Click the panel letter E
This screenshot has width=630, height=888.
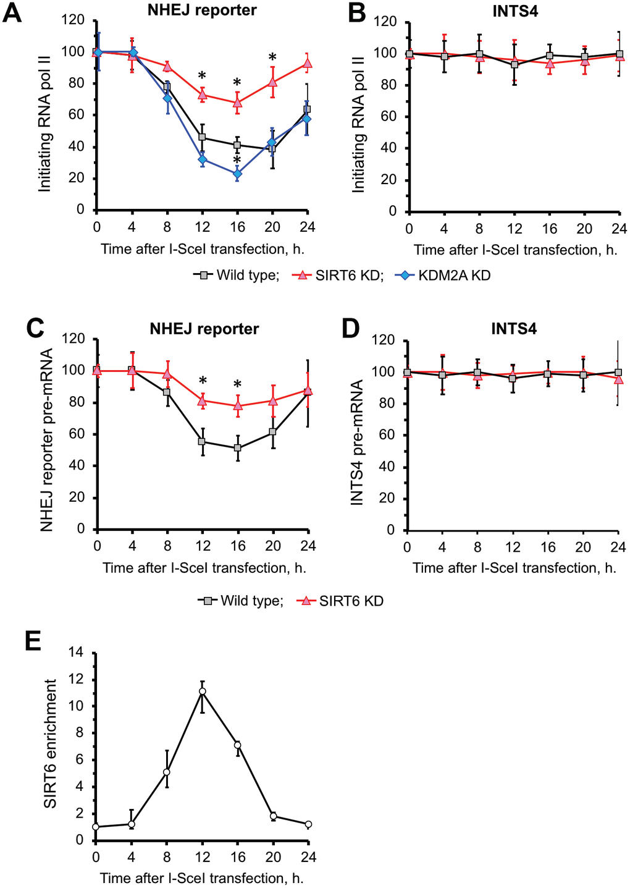click(33, 641)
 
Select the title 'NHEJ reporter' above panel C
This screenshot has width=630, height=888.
click(204, 329)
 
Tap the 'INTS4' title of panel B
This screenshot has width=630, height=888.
click(515, 11)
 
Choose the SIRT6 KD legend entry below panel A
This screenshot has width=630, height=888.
click(341, 276)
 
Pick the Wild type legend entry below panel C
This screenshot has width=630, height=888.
click(243, 601)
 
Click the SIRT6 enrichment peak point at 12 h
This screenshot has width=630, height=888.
click(202, 691)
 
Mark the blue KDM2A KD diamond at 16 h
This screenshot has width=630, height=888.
click(238, 174)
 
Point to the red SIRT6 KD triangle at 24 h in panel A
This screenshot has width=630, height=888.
click(308, 63)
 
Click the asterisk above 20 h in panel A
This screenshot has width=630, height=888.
click(272, 58)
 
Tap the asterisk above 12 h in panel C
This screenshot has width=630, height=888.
click(203, 381)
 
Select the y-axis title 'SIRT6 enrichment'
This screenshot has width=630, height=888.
click(51, 743)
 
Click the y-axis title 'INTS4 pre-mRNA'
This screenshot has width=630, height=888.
click(356, 443)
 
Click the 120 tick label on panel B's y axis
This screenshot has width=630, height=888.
click(385, 22)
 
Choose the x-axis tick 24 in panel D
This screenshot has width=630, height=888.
click(618, 547)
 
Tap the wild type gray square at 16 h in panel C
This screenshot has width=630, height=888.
click(238, 448)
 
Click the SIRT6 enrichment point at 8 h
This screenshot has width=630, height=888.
click(166, 772)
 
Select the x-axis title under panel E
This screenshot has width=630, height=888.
click(201, 877)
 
